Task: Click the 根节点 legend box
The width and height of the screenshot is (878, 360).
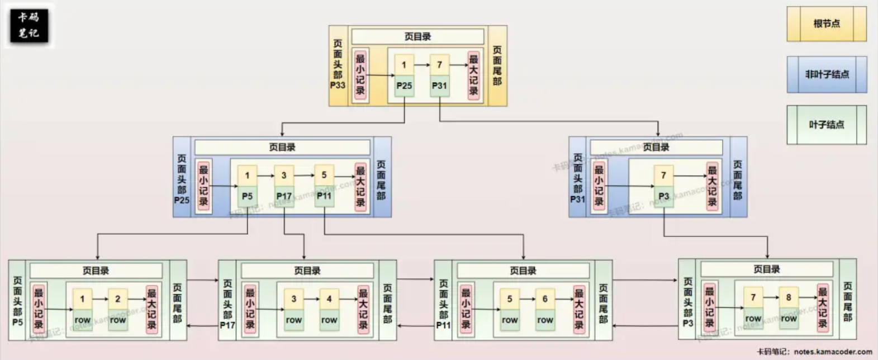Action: tap(826, 24)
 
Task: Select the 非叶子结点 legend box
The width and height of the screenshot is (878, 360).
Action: tap(827, 74)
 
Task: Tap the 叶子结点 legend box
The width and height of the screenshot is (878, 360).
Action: tap(826, 125)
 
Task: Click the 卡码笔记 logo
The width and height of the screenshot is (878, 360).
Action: tap(29, 26)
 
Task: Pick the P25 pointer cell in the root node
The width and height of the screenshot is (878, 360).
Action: tap(404, 86)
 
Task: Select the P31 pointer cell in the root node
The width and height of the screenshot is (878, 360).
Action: tap(439, 86)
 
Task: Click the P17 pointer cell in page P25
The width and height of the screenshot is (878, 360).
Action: tap(284, 197)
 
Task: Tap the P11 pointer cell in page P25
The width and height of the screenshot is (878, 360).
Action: tap(324, 197)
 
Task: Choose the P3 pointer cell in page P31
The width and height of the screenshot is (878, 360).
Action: tap(663, 197)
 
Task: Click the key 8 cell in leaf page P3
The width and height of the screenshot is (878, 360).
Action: tap(789, 297)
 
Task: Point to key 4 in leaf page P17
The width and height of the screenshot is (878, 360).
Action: tap(329, 299)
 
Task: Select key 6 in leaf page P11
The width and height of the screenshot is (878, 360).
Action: tap(545, 299)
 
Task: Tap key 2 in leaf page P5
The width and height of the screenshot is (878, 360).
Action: tap(118, 299)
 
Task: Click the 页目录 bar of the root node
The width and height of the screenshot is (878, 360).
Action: tap(417, 37)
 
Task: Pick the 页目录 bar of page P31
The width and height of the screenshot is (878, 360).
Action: tap(656, 148)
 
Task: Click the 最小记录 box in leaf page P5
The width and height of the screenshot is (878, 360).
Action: tap(39, 309)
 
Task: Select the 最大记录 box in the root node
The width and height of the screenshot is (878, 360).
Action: tap(473, 75)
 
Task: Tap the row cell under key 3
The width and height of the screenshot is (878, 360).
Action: tap(294, 320)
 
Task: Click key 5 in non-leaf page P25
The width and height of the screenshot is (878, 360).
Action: tap(324, 175)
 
